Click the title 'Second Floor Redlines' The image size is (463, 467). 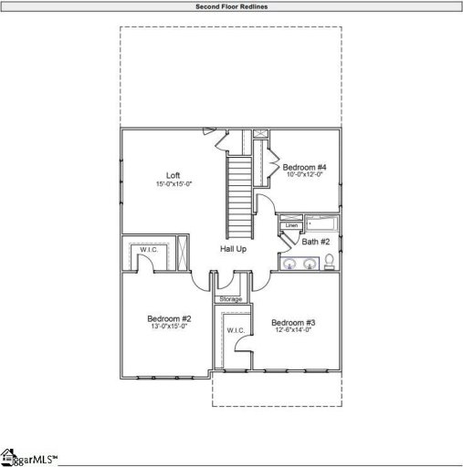[231, 6]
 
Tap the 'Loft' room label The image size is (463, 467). [173, 175]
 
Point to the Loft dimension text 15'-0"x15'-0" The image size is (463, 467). [173, 184]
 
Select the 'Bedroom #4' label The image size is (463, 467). [304, 167]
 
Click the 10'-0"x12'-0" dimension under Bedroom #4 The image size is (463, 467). [304, 175]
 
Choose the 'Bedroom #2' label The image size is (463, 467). [168, 318]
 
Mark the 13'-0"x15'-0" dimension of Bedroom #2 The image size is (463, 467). [168, 327]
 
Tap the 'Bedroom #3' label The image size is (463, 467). [293, 323]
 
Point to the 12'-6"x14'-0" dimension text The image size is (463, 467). [293, 331]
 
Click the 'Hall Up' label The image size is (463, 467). [234, 248]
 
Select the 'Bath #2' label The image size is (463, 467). [316, 242]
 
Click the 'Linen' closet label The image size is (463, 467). [291, 225]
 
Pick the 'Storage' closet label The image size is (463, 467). [231, 299]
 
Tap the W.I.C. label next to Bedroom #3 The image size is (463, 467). [233, 330]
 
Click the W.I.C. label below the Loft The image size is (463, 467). [150, 249]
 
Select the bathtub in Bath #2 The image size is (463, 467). [321, 223]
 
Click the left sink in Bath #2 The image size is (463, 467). [289, 264]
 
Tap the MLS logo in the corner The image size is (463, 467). [27, 456]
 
